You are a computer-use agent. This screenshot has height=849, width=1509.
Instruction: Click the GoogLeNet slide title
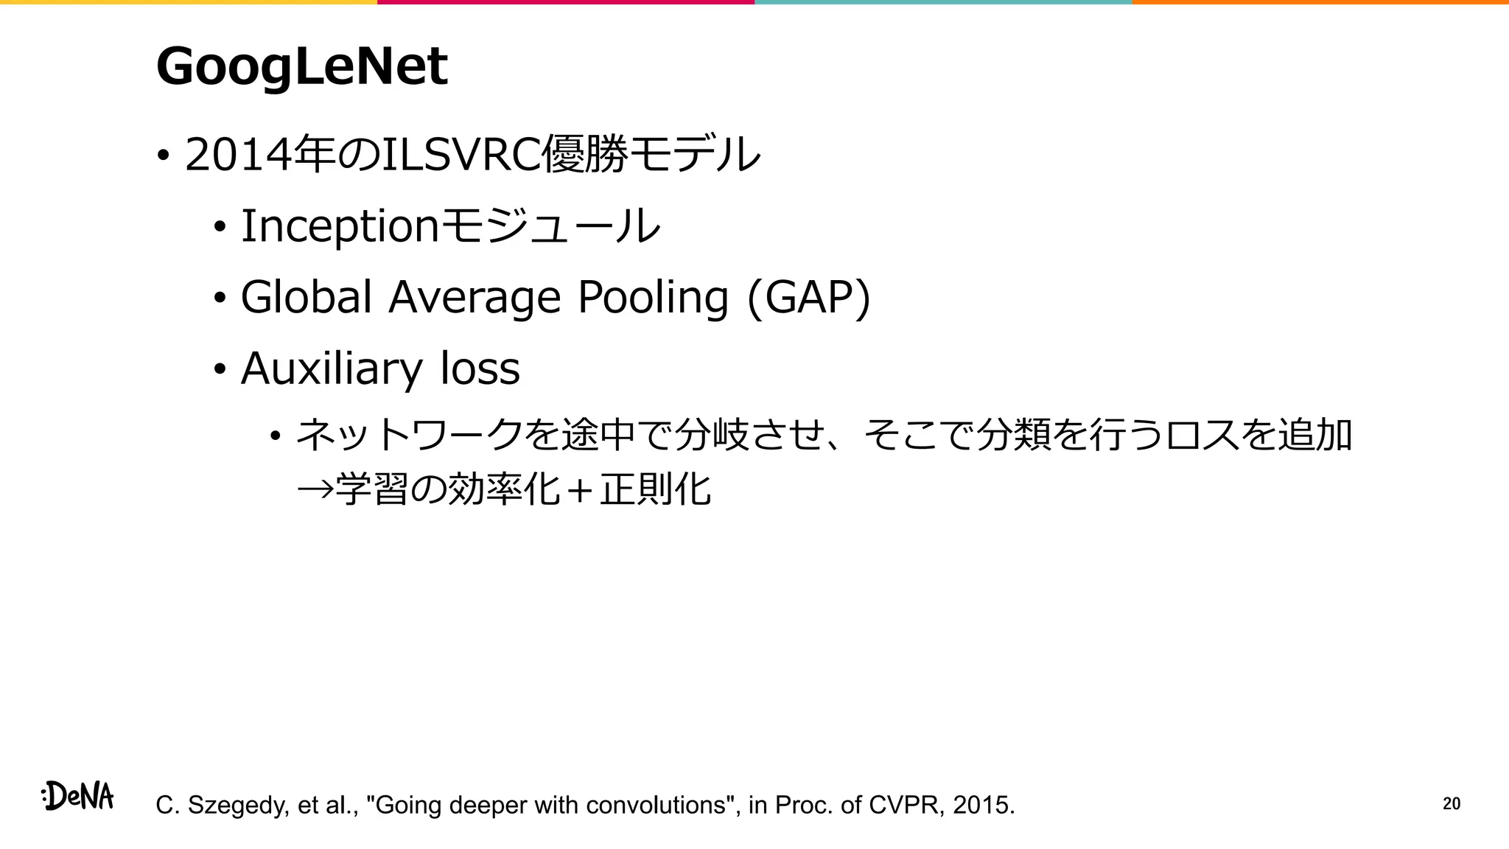[x=301, y=66]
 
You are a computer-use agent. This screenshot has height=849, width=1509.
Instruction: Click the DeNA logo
[x=77, y=797]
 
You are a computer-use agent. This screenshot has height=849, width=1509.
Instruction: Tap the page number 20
[x=1451, y=804]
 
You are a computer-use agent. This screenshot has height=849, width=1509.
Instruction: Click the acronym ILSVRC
[x=461, y=155]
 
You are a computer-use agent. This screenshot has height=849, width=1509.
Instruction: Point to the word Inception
[x=340, y=226]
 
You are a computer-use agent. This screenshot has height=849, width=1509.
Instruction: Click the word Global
[x=306, y=297]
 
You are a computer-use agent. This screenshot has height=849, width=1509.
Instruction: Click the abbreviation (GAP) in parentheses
[x=808, y=298]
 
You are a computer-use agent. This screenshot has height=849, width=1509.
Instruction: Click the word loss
[x=480, y=368]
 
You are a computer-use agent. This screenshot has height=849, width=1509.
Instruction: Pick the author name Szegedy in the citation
[x=237, y=806]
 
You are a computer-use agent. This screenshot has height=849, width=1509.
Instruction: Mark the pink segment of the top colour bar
[x=566, y=2]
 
